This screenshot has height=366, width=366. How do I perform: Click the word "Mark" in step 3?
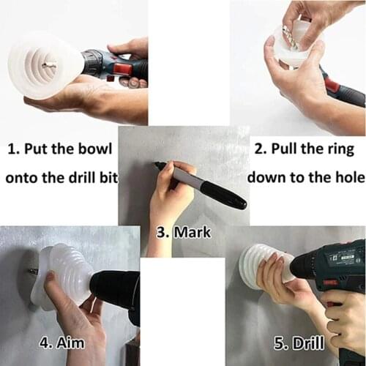[x=193, y=233]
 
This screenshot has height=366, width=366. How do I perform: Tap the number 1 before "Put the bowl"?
[x=12, y=149]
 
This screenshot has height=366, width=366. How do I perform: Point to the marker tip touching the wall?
[x=157, y=165]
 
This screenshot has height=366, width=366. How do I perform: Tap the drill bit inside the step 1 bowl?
[x=48, y=66]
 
